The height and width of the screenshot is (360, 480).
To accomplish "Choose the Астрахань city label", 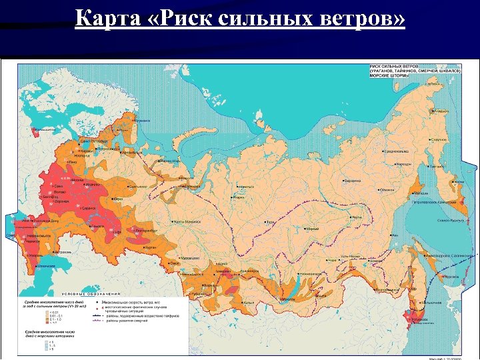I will point(64,252).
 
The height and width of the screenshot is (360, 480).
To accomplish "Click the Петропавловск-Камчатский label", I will point(433,202).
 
